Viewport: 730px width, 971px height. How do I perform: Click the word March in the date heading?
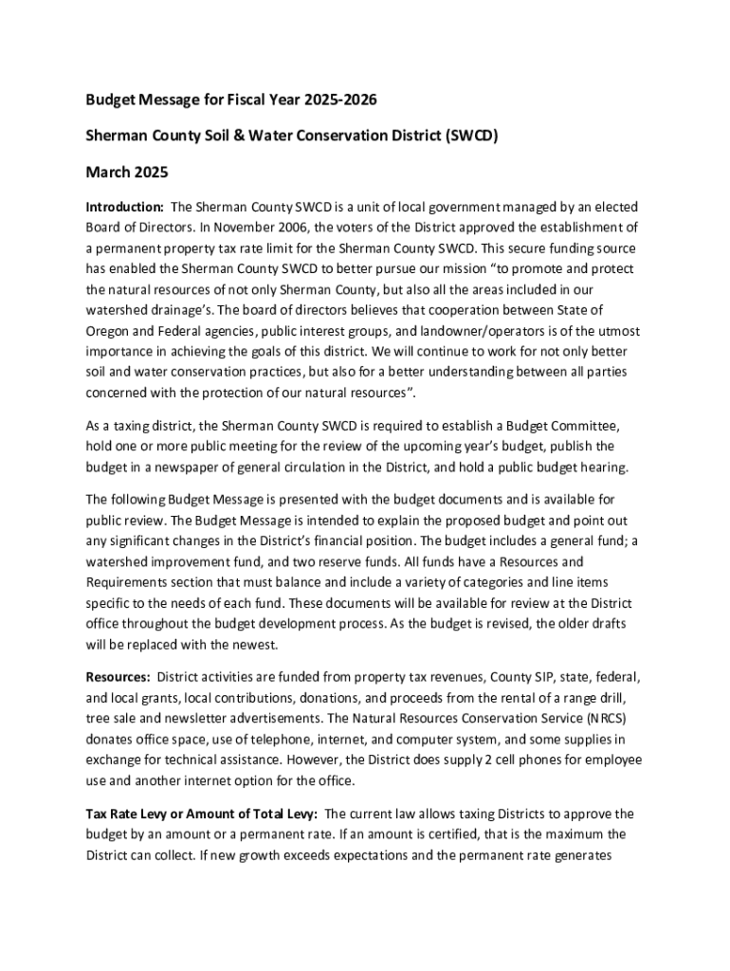tap(109, 173)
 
